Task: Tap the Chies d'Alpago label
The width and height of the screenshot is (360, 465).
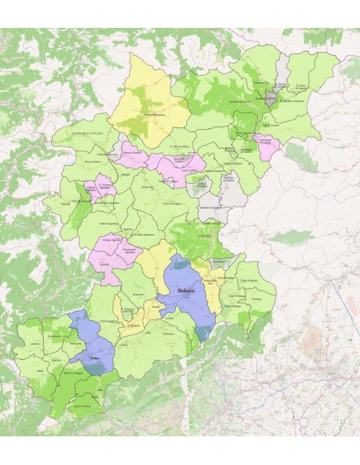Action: point(249,280)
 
